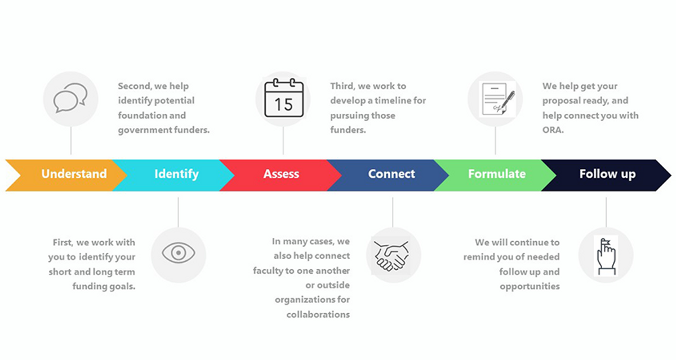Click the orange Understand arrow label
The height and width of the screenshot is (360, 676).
(74, 174)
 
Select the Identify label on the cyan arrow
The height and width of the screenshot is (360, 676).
(176, 175)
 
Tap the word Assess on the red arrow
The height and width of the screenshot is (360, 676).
(281, 174)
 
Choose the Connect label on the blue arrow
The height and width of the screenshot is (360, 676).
(392, 174)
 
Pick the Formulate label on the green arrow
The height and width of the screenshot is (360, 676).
(497, 174)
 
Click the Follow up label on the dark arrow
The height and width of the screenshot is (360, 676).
(607, 175)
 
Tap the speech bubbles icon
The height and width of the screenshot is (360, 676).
(70, 98)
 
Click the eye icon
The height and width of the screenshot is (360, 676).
(179, 253)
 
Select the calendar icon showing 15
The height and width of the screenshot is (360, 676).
(284, 98)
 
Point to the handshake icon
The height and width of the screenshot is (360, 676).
(392, 255)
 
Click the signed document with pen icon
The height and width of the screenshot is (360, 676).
(497, 99)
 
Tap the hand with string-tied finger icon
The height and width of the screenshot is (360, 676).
(606, 256)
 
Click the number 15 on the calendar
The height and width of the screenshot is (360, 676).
(284, 105)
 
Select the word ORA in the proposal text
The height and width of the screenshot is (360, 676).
(553, 130)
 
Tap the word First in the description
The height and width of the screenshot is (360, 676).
(63, 243)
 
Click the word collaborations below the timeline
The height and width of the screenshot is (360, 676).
(318, 314)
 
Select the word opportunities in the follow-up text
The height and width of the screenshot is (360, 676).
(530, 287)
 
